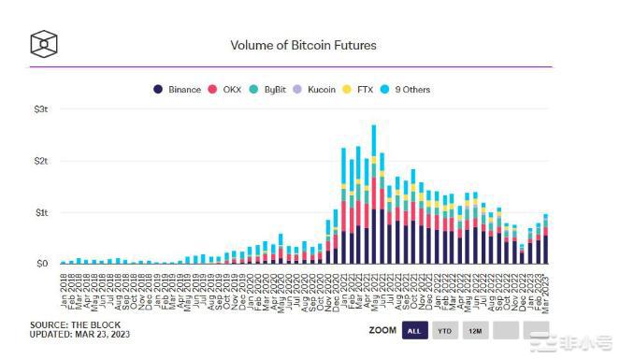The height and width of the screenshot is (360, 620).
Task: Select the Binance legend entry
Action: pos(178,90)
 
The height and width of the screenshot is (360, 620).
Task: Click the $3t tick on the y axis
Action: pos(41,109)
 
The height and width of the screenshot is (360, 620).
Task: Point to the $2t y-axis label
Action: pos(41,161)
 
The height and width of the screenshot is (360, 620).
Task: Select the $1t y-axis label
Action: pos(41,212)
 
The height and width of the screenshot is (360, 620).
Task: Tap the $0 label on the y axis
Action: pos(43,264)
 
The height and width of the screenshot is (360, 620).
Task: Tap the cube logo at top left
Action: pos(44,44)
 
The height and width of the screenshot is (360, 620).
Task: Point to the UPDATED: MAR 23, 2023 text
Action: pos(79,335)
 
